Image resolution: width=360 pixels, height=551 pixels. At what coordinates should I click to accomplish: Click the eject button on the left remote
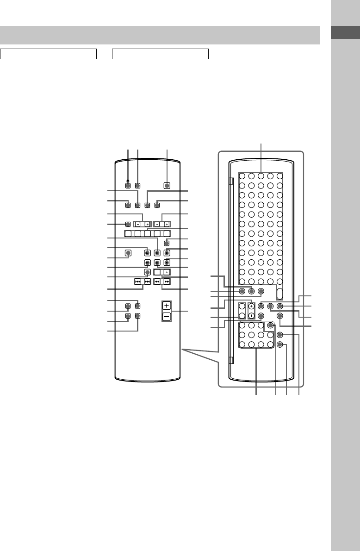(128, 186)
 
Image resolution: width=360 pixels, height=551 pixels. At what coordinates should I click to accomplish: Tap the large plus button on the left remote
(167, 306)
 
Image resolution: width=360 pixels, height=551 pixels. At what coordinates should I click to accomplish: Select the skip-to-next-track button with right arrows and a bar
(147, 281)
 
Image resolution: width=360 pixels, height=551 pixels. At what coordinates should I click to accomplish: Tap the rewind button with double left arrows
(157, 281)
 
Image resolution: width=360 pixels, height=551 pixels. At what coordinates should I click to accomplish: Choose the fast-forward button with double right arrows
(166, 281)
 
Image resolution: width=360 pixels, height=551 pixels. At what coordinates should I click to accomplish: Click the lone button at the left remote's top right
(167, 186)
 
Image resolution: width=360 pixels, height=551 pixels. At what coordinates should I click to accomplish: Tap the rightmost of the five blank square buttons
(167, 234)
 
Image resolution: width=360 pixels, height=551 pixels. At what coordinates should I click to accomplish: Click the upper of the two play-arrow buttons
(147, 253)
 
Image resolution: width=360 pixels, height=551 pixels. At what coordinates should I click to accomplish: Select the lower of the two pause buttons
(157, 263)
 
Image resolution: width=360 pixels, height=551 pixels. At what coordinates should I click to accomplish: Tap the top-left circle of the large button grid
(242, 176)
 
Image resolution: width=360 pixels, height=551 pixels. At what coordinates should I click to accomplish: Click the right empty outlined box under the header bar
(161, 54)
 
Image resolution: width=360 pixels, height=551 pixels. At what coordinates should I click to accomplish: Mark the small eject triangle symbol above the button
(128, 180)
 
